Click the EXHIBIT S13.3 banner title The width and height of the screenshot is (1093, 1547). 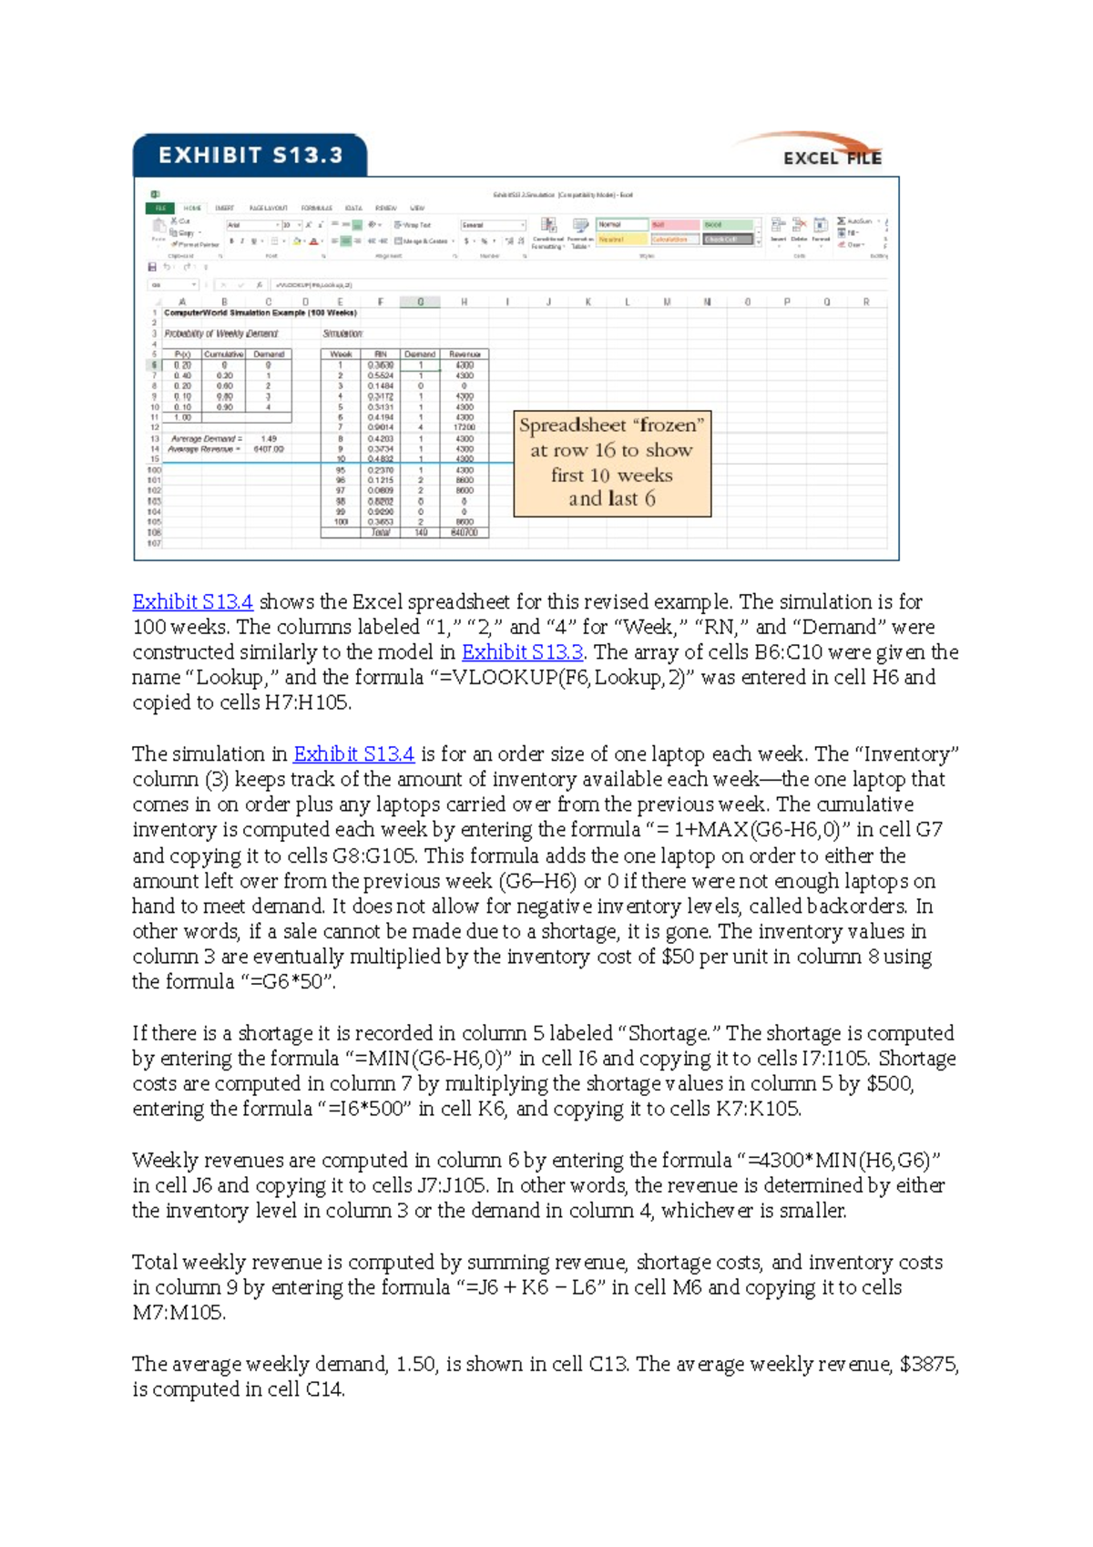[250, 156]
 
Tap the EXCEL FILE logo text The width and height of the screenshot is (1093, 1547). [832, 159]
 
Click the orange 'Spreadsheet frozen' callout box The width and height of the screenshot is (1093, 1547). [612, 463]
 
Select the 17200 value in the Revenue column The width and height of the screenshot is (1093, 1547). [465, 427]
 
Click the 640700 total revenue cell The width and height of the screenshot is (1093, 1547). [465, 533]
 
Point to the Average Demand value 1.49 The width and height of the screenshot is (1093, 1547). [269, 439]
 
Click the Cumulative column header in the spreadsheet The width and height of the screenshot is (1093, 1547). [223, 354]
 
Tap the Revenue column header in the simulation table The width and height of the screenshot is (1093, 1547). [465, 354]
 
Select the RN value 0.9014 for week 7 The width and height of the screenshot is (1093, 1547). [381, 427]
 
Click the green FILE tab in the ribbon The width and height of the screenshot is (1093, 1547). [160, 209]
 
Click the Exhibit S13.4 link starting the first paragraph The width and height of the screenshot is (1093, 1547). [192, 602]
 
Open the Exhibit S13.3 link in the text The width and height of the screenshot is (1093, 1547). [522, 652]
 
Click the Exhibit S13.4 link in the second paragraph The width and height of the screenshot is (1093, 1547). [353, 754]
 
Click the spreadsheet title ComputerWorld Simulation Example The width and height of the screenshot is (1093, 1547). [260, 312]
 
